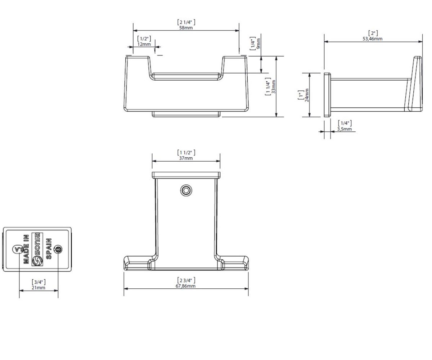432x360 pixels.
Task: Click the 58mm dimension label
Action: tap(186, 28)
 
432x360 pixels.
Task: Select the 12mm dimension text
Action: tap(144, 44)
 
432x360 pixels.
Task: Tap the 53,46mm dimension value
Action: tap(372, 39)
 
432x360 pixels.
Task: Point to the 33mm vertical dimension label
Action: tap(274, 87)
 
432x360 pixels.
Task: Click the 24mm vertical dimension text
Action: tap(307, 95)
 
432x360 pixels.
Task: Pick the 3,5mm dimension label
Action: tap(344, 129)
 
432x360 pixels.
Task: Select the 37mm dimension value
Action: tap(186, 158)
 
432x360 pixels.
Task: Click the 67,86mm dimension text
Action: tap(185, 286)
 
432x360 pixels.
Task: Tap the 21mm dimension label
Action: tap(39, 288)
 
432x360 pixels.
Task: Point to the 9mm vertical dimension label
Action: tap(258, 44)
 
